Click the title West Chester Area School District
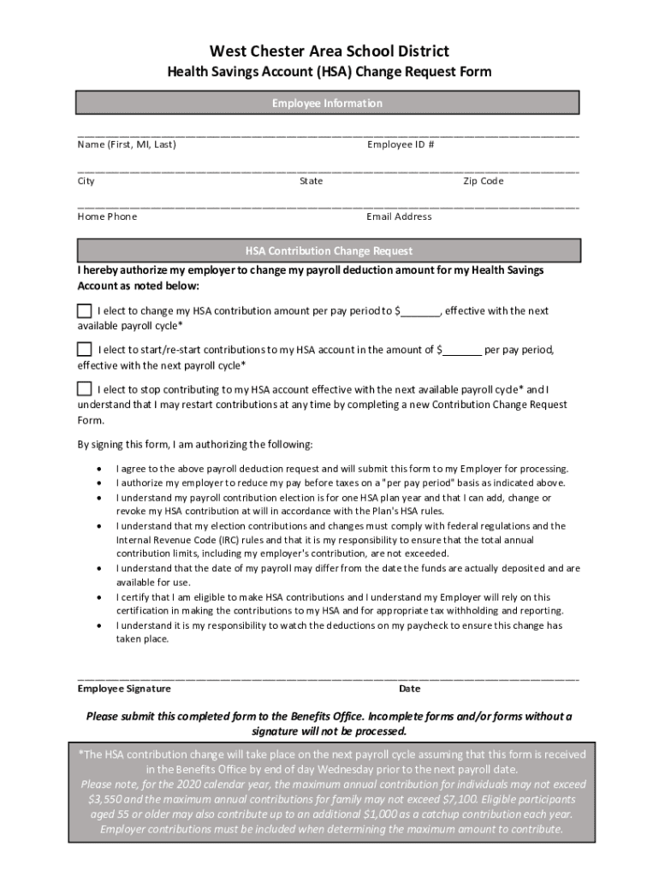point(329,51)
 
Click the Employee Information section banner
point(328,104)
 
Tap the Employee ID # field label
point(401,145)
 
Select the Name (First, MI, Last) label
point(127,145)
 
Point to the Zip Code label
point(484,181)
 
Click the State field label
point(311,181)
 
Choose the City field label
point(86,181)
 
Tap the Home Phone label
point(107,216)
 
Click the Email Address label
point(399,216)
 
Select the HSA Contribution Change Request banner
point(328,251)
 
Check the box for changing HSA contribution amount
point(85,310)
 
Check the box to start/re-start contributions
point(85,349)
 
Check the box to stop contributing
point(85,388)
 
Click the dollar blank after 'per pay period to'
point(420,311)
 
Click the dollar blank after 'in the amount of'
point(462,351)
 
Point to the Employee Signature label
point(124,689)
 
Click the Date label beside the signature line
point(409,689)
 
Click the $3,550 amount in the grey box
point(106,799)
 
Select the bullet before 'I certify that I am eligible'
point(103,597)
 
